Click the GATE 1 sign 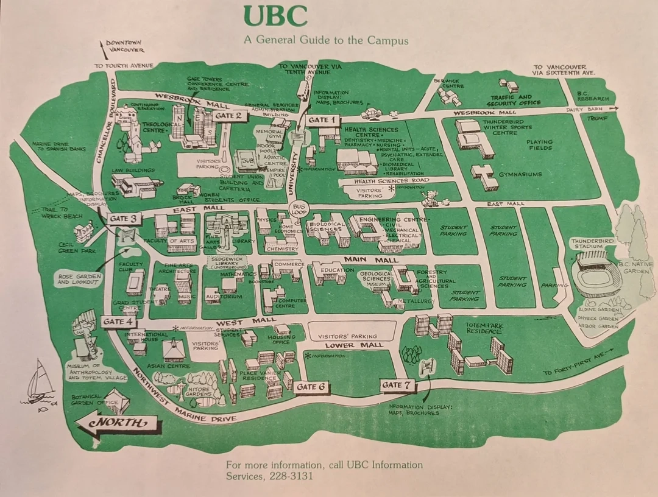[x=322, y=120]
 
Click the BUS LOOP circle [x=298, y=210]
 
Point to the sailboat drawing [x=37, y=383]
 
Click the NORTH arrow [x=116, y=423]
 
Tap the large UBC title [x=275, y=16]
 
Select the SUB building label [x=247, y=160]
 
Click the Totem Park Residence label [x=484, y=330]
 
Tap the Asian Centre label [x=164, y=366]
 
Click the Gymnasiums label [x=520, y=174]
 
